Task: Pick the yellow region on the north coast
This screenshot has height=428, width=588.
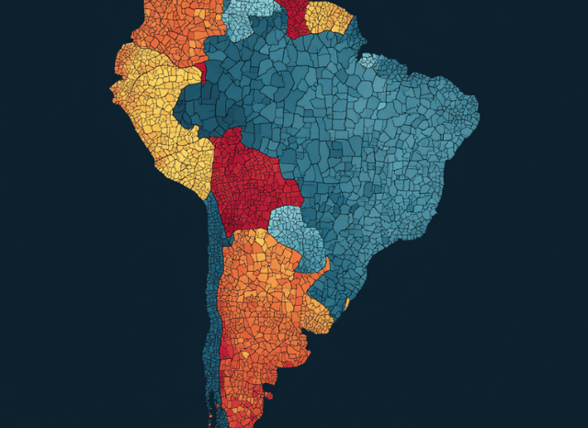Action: tap(329, 17)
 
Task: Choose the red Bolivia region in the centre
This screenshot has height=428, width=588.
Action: tap(248, 179)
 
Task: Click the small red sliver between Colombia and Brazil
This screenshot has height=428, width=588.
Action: tap(198, 70)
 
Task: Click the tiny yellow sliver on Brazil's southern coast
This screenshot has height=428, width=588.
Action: tap(346, 302)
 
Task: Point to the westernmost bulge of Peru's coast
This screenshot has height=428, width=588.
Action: tap(112, 87)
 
